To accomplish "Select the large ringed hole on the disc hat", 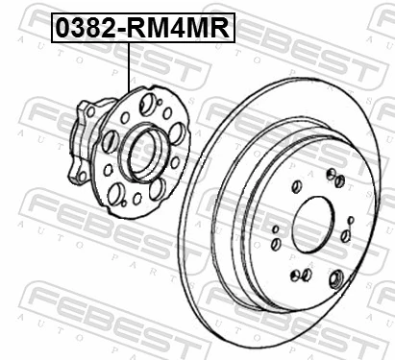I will tap(335, 279).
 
